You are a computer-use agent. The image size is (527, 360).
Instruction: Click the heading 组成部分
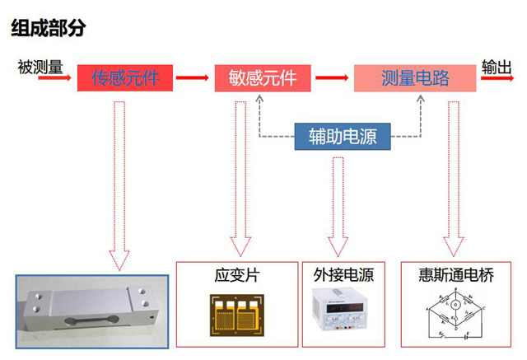(49, 28)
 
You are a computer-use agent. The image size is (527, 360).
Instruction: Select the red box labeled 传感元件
(126, 78)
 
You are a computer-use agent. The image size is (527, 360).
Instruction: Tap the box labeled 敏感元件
(263, 78)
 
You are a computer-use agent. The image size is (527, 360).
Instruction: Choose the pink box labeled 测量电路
(416, 78)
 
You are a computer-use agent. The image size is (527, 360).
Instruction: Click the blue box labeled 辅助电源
(343, 136)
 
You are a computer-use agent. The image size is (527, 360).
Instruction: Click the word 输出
(497, 67)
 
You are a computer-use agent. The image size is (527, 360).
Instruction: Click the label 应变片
(236, 275)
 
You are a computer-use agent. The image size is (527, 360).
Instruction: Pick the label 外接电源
(343, 275)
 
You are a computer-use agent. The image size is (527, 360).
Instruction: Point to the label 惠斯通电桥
(450, 275)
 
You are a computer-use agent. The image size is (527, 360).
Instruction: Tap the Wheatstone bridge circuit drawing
(450, 318)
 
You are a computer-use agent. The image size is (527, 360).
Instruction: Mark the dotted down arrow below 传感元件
(120, 181)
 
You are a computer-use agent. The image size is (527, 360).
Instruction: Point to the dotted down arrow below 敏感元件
(240, 177)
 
